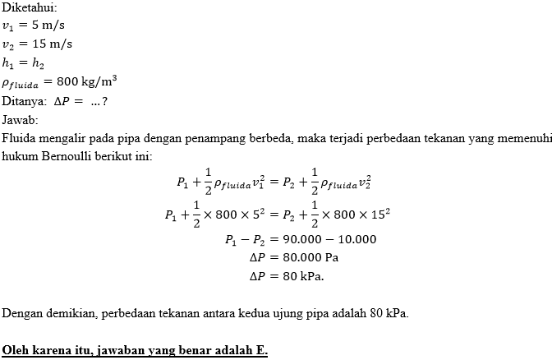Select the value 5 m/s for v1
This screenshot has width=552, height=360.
52,24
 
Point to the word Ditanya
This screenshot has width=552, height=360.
25,101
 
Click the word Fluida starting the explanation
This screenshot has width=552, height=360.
21,137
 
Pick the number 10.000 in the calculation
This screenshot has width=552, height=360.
352,240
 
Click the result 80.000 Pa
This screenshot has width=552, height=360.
310,257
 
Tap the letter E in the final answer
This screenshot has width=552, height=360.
260,349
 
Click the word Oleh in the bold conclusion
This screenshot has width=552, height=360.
16,349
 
